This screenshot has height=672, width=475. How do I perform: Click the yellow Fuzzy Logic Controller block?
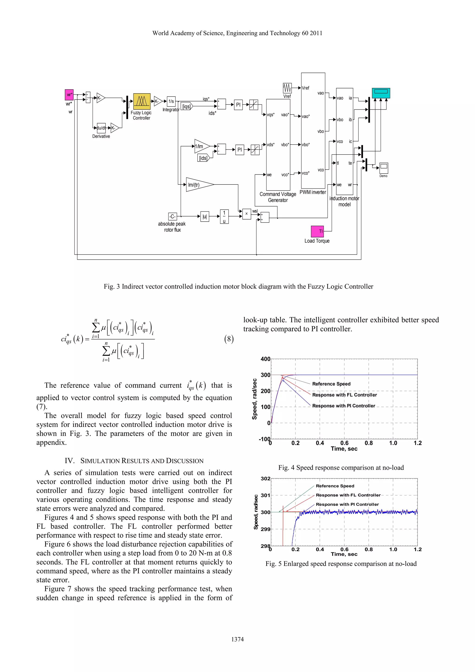(x=142, y=102)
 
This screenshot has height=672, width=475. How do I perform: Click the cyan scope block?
(x=381, y=93)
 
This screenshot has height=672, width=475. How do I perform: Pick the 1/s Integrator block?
(x=171, y=101)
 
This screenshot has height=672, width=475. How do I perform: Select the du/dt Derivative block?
(x=101, y=128)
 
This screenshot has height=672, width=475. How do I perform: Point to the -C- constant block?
(x=173, y=216)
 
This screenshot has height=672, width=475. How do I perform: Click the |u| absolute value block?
(x=205, y=216)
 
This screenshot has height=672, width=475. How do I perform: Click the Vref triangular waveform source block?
(x=287, y=88)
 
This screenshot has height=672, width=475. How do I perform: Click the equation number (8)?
(x=229, y=339)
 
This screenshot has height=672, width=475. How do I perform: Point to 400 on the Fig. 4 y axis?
(x=265, y=359)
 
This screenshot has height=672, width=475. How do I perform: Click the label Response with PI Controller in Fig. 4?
(x=343, y=406)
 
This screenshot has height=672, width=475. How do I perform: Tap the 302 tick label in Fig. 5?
(x=265, y=479)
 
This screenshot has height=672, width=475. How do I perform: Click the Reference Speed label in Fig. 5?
(x=335, y=486)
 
